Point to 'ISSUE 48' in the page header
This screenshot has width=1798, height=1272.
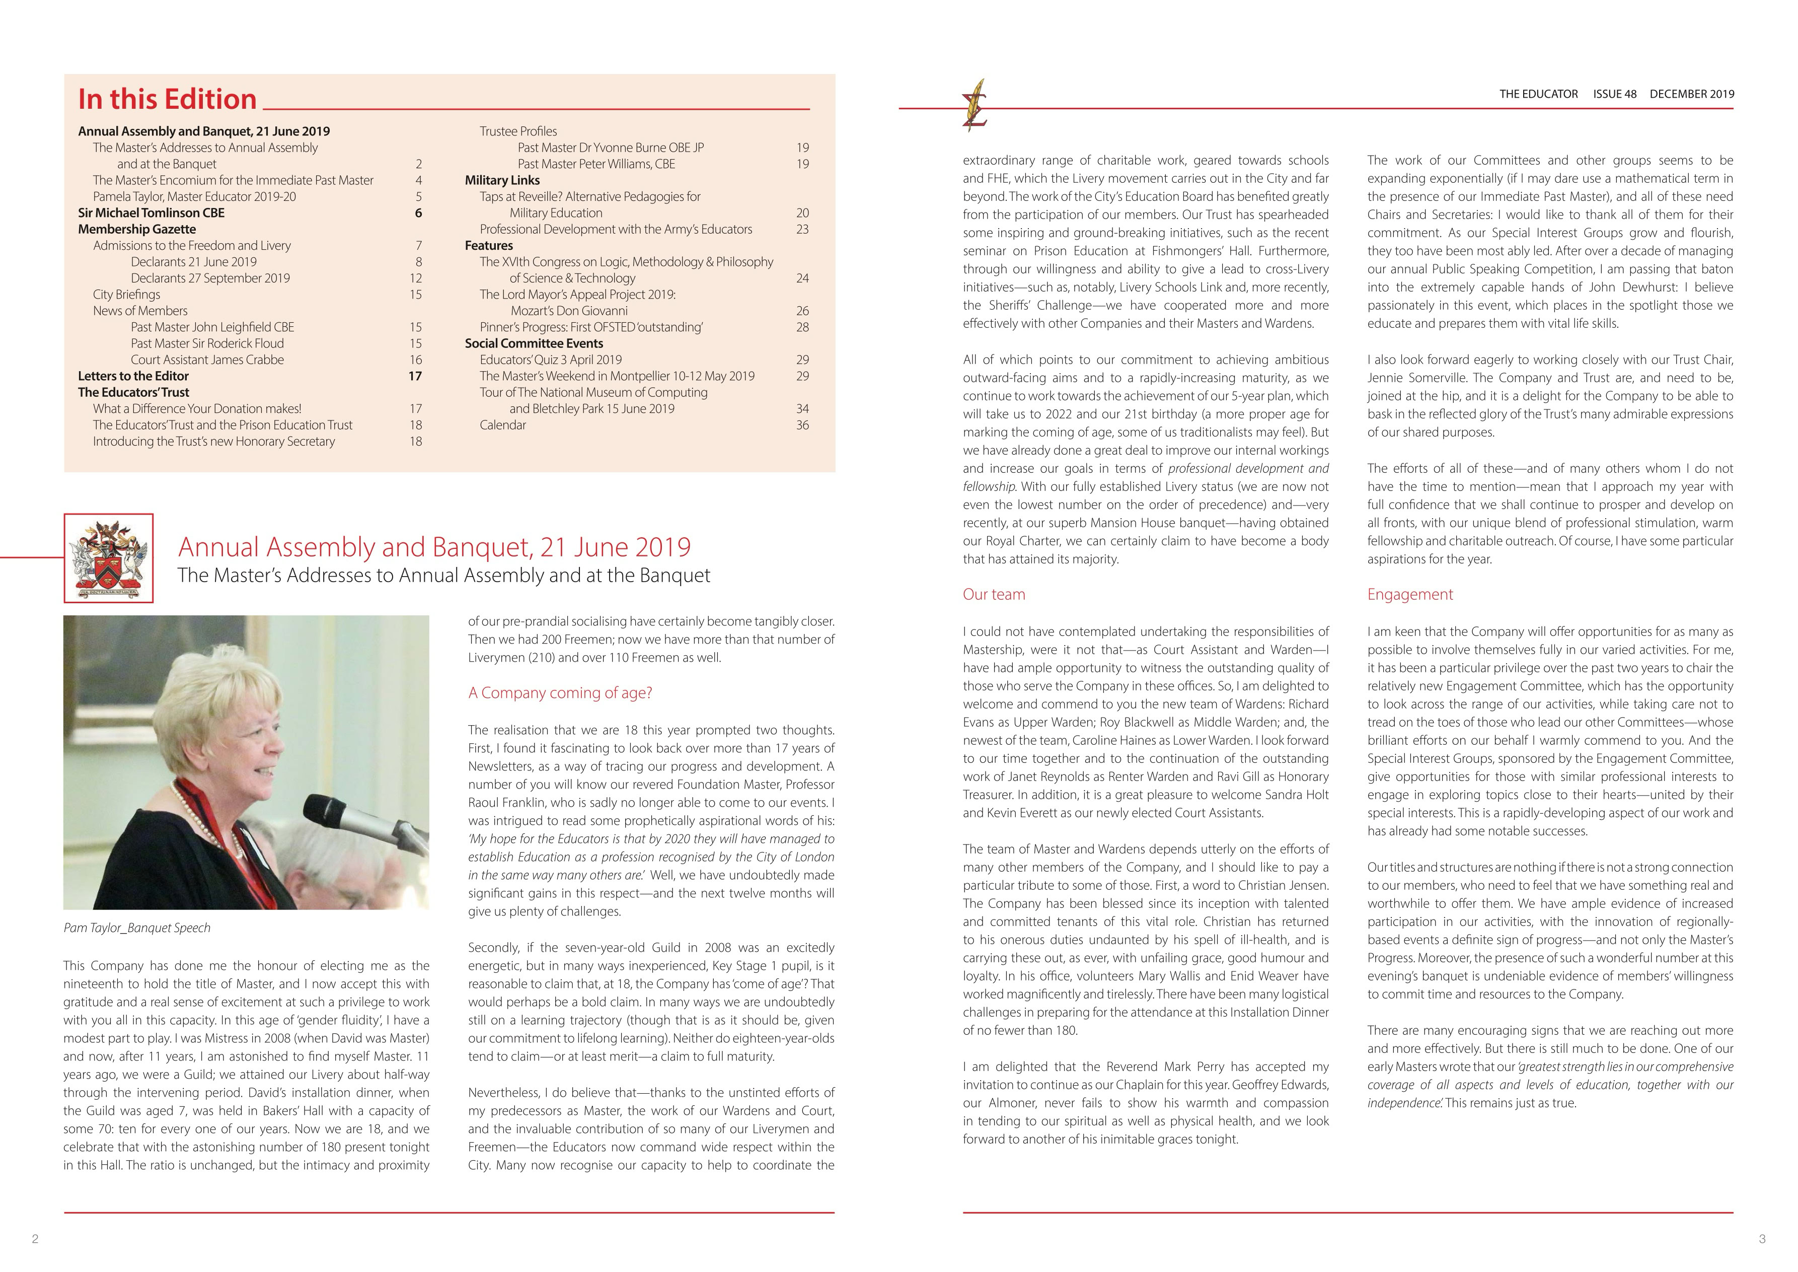point(1614,94)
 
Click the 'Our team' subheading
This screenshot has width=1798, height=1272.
point(993,595)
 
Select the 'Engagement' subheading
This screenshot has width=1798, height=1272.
point(1409,595)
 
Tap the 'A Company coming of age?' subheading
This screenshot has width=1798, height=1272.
point(559,693)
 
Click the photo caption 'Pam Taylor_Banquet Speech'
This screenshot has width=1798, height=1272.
point(136,928)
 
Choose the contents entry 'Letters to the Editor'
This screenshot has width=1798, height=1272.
point(133,376)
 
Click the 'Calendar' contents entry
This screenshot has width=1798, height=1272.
point(503,426)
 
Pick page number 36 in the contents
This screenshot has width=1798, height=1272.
point(802,426)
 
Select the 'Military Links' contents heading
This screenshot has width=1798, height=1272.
point(502,180)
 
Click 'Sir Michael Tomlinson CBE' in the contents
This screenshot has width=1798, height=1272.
point(151,213)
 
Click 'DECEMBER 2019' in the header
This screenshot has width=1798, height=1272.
point(1691,94)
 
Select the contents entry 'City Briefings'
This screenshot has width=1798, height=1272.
point(126,295)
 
